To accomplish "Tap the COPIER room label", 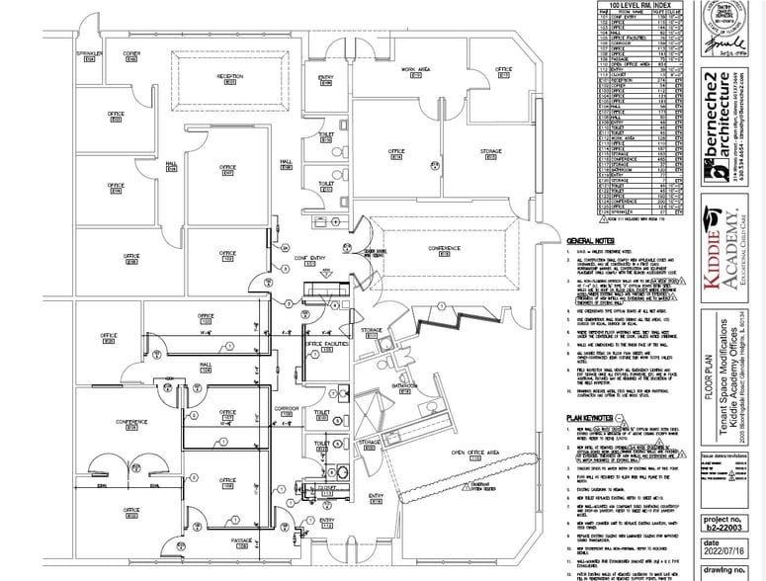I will [131, 53].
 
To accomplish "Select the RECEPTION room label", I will [229, 75].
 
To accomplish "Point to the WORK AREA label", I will [416, 69].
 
